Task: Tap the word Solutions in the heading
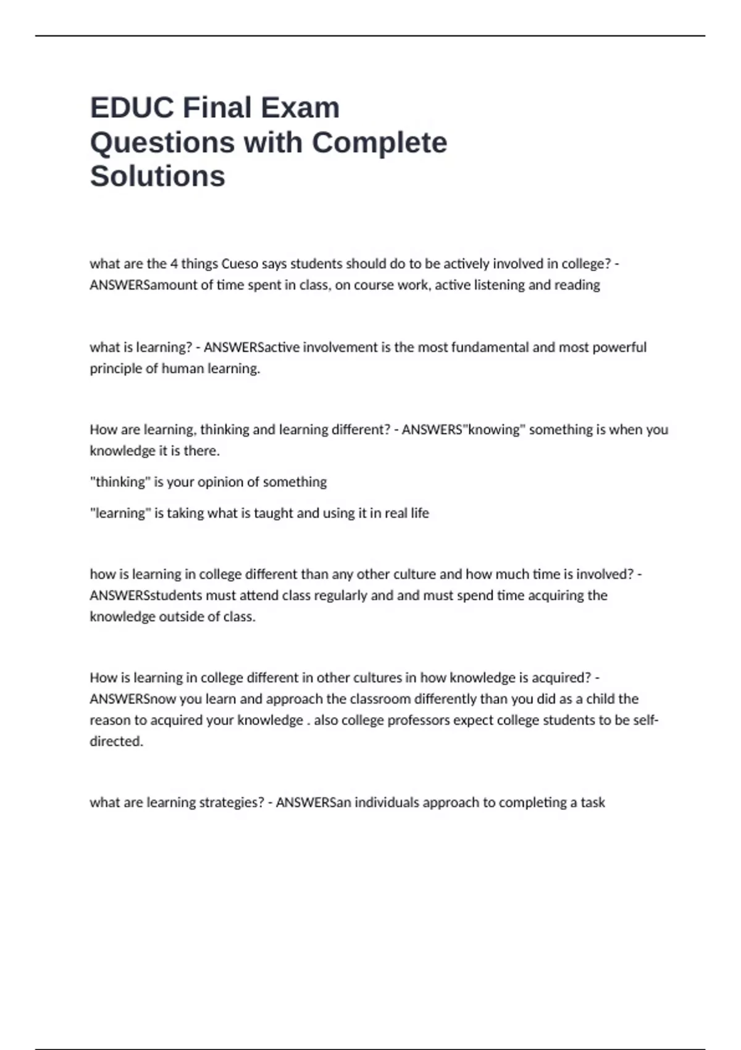(x=157, y=176)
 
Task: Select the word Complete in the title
(x=379, y=142)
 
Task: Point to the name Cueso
(x=240, y=264)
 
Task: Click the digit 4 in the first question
(x=174, y=264)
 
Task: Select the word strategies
(x=230, y=802)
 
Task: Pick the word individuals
(x=387, y=802)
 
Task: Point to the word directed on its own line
(x=116, y=741)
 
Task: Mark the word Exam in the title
(x=300, y=107)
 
